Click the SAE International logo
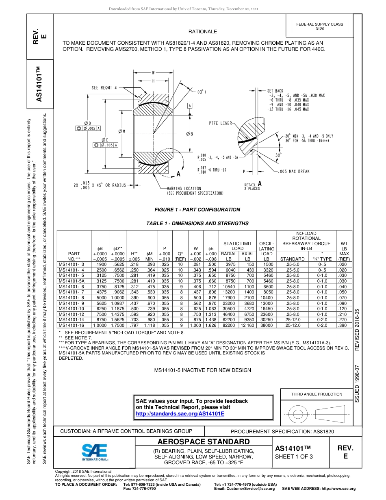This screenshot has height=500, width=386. pyautogui.click(x=94, y=451)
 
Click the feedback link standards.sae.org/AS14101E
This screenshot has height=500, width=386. pyautogui.click(x=180, y=413)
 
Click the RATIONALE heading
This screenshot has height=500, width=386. pyautogui.click(x=202, y=32)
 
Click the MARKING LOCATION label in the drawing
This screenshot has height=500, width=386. pyautogui.click(x=184, y=189)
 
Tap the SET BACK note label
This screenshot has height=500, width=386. pyautogui.click(x=275, y=91)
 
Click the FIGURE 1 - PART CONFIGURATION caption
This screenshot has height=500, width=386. pyautogui.click(x=197, y=210)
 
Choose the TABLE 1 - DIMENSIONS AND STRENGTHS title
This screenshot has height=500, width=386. pyautogui.click(x=197, y=223)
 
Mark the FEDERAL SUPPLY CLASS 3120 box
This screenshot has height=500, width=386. pyautogui.click(x=320, y=26)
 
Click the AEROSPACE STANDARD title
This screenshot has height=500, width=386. pyautogui.click(x=203, y=442)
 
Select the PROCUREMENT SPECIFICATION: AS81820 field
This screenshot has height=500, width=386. pyautogui.click(x=282, y=431)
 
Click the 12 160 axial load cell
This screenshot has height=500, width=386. pyautogui.click(x=247, y=326)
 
